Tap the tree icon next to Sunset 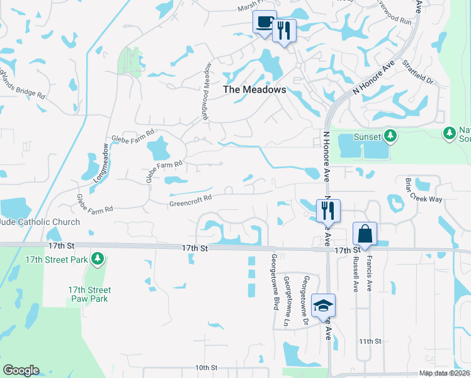pos(390,136)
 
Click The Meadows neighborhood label pos(255,89)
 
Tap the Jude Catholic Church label pos(40,222)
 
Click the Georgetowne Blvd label pos(275,282)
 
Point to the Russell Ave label pos(356,274)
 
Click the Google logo pos(21,370)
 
